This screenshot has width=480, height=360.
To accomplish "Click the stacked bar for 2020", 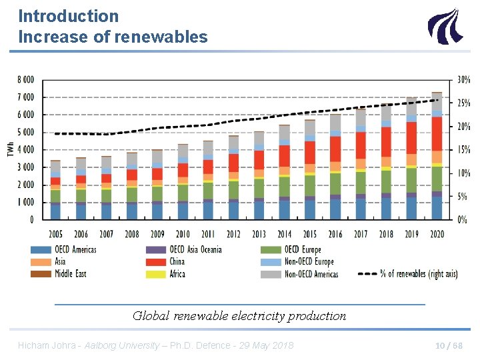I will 437,156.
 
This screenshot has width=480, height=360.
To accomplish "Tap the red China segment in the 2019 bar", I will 411,137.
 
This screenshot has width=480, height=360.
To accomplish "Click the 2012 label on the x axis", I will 233,234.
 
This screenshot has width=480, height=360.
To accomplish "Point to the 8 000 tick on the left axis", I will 25,80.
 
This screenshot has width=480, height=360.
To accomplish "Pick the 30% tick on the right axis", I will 463,80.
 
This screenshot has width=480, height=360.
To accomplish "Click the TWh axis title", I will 11,150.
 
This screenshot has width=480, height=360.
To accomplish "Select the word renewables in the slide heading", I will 161,37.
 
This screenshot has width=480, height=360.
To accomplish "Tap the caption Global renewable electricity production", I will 239,316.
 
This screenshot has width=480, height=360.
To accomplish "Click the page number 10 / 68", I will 448,345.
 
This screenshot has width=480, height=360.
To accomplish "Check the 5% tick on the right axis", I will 461,197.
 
